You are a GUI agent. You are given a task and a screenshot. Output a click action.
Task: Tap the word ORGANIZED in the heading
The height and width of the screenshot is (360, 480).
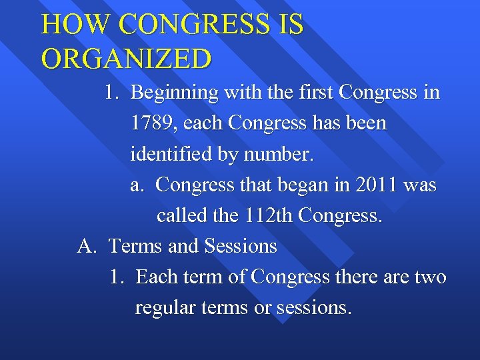coord(127,59)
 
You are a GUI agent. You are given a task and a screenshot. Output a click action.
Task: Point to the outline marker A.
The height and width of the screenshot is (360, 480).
coord(87,247)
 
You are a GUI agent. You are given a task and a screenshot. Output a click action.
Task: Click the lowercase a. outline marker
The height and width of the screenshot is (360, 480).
coord(137,185)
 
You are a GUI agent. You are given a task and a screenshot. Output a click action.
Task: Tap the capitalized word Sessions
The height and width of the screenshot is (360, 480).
coord(241,247)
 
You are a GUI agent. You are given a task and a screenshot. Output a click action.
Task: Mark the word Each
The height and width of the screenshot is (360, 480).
coord(157,277)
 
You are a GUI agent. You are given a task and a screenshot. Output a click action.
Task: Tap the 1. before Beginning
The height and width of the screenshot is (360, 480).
coord(113,93)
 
